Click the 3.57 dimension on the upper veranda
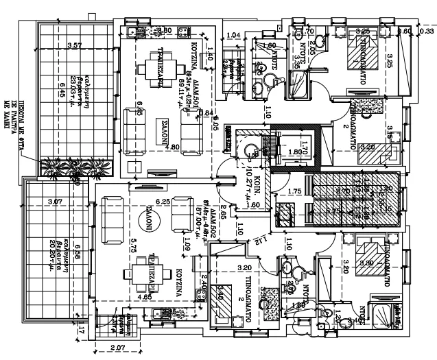(x=75, y=46)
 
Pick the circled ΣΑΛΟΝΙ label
(x=146, y=219)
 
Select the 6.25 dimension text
(x=162, y=202)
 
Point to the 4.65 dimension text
(x=145, y=298)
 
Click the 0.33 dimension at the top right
(x=427, y=31)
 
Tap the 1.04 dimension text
(x=233, y=34)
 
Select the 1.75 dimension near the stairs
(x=296, y=192)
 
